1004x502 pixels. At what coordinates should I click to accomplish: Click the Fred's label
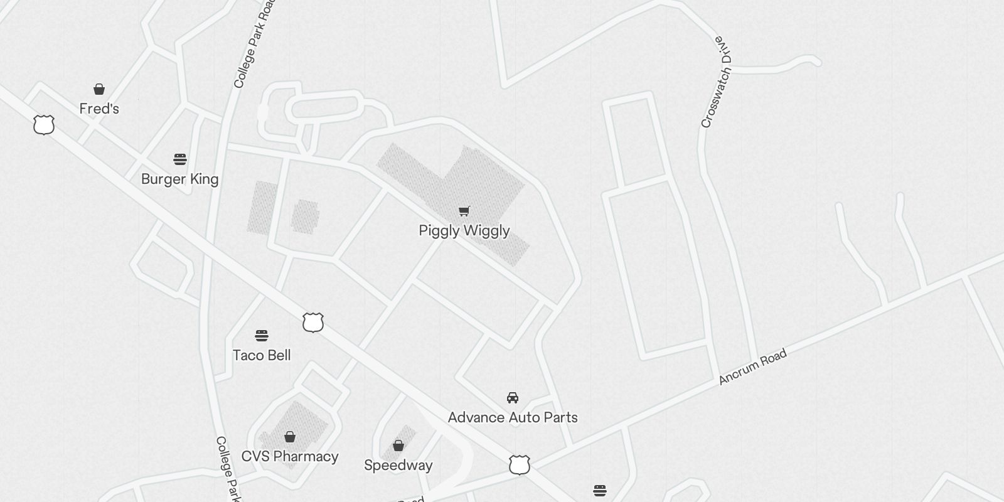(99, 109)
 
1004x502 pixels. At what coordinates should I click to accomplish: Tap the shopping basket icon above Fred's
(99, 89)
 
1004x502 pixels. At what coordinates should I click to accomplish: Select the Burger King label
(179, 179)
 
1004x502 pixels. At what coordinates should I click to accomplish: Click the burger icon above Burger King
(180, 159)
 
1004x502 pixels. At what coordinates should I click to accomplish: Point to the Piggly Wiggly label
(464, 230)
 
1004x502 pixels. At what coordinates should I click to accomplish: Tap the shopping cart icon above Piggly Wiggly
(464, 211)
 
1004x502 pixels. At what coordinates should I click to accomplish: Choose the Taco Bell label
(262, 355)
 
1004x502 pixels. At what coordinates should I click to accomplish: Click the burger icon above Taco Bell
(262, 336)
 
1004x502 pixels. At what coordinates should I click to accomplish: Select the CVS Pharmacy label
(290, 456)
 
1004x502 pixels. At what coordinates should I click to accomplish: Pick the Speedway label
(398, 465)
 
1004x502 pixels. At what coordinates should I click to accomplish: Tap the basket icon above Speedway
(398, 446)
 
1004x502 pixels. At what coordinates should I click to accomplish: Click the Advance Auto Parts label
(513, 417)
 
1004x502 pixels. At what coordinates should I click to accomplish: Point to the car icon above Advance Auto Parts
(513, 398)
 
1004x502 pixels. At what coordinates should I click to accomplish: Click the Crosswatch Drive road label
(717, 82)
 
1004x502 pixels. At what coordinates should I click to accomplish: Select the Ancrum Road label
(752, 367)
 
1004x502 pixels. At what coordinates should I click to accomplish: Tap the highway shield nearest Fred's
(44, 125)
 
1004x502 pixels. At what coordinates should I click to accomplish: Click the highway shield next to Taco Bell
(312, 323)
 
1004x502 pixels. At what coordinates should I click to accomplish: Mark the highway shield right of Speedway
(519, 465)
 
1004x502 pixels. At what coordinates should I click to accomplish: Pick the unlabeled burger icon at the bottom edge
(599, 491)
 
